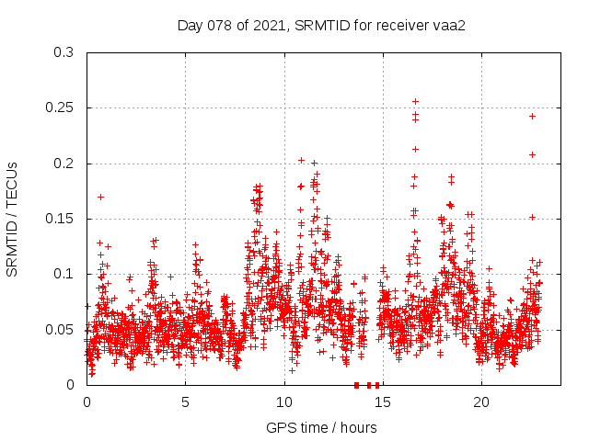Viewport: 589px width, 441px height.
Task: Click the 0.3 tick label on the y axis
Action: pyautogui.click(x=64, y=52)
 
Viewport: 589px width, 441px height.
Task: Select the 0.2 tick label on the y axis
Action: pyautogui.click(x=64, y=164)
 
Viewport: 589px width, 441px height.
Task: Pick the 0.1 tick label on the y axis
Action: pyautogui.click(x=64, y=274)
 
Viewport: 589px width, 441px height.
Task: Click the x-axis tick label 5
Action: pyautogui.click(x=185, y=401)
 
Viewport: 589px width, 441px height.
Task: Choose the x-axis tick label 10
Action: pyautogui.click(x=283, y=401)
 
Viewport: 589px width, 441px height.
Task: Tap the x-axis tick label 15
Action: pyautogui.click(x=382, y=401)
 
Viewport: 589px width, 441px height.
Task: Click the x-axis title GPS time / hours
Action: pyautogui.click(x=321, y=427)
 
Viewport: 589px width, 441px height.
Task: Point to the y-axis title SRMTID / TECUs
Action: pyautogui.click(x=13, y=219)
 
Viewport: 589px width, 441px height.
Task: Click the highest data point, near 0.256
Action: pyautogui.click(x=415, y=101)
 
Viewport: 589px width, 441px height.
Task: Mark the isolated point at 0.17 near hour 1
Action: pyautogui.click(x=100, y=197)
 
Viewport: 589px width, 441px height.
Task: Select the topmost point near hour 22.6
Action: pyautogui.click(x=532, y=116)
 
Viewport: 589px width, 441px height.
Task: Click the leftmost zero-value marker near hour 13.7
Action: pyautogui.click(x=357, y=385)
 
